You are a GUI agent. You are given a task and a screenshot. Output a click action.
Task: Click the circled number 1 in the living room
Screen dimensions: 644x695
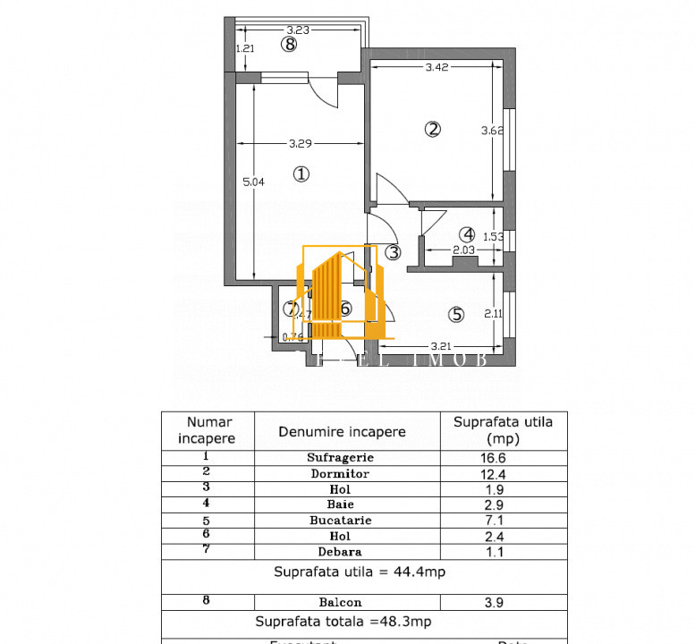tap(301, 174)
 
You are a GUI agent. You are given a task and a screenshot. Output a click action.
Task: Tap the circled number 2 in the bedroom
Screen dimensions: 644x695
tap(432, 129)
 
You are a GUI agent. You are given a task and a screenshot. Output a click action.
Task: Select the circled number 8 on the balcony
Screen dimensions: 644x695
tap(288, 44)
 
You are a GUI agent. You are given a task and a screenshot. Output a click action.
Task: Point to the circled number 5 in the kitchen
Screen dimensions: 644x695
tap(457, 314)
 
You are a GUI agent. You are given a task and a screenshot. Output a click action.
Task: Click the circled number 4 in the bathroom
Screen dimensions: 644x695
tap(469, 234)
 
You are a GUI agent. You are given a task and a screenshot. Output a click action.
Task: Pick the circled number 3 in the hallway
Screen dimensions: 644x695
tap(394, 252)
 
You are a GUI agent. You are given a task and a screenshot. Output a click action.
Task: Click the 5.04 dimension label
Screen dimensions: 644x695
tap(254, 182)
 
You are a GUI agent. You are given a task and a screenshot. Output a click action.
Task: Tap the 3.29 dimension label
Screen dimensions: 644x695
tap(301, 143)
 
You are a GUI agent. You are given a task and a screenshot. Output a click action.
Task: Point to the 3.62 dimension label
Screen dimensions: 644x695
tap(492, 131)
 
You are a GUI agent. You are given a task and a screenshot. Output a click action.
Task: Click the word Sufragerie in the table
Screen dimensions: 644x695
tap(340, 456)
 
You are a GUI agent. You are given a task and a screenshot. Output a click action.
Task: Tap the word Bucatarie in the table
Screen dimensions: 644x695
tap(340, 520)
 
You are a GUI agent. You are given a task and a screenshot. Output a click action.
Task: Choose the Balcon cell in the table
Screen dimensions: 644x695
tap(340, 602)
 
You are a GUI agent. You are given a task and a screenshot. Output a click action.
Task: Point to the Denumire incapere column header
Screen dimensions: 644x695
tap(342, 431)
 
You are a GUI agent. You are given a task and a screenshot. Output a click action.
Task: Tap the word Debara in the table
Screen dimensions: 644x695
tap(340, 552)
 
